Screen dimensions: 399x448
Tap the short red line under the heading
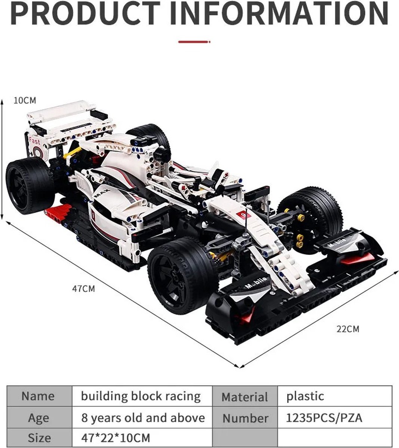pyautogui.click(x=194, y=41)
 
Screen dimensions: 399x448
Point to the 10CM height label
pyautogui.click(x=25, y=100)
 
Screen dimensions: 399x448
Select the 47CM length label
pyautogui.click(x=83, y=289)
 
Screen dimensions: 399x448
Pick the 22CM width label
pyautogui.click(x=348, y=329)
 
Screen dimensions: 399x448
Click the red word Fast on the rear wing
pyautogui.click(x=34, y=141)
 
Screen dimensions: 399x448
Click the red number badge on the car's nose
pyautogui.click(x=243, y=215)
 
